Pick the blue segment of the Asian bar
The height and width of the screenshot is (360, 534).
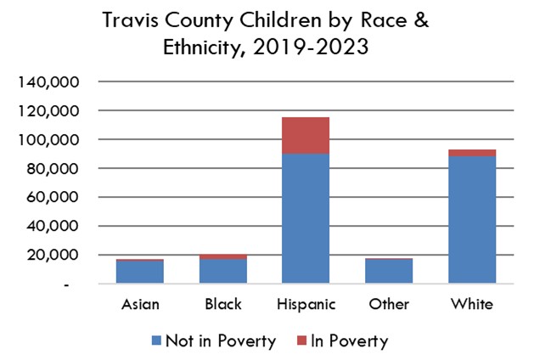pyautogui.click(x=141, y=272)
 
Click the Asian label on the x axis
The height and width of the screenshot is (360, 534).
pyautogui.click(x=141, y=304)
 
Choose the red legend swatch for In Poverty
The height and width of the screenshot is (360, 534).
pyautogui.click(x=306, y=342)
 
